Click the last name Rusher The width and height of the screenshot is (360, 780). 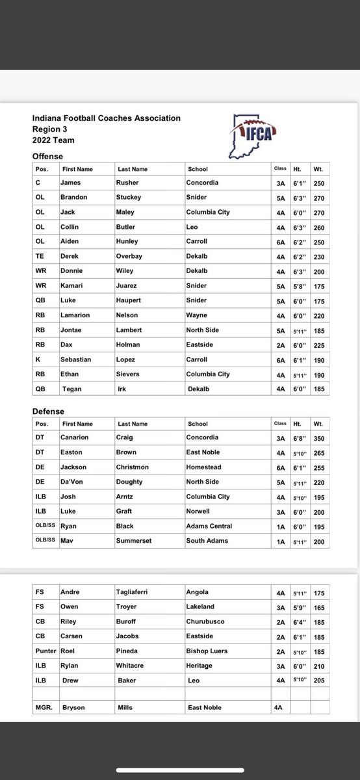click(127, 183)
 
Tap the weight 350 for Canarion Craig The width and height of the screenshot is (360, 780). click(318, 437)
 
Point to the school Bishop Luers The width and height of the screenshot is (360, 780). click(205, 651)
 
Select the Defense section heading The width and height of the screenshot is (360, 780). click(48, 411)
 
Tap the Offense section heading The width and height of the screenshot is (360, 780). click(47, 156)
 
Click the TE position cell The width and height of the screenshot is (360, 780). click(40, 256)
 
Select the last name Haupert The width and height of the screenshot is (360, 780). click(129, 300)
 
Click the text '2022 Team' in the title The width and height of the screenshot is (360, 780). click(53, 140)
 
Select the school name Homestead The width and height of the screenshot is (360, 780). click(203, 467)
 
